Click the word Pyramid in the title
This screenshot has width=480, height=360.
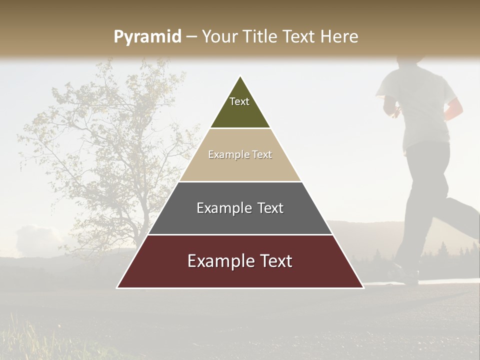pyautogui.click(x=147, y=37)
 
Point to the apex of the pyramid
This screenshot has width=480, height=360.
pyautogui.click(x=240, y=77)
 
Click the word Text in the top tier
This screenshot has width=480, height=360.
pyautogui.click(x=239, y=101)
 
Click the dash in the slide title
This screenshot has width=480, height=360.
pyautogui.click(x=191, y=37)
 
